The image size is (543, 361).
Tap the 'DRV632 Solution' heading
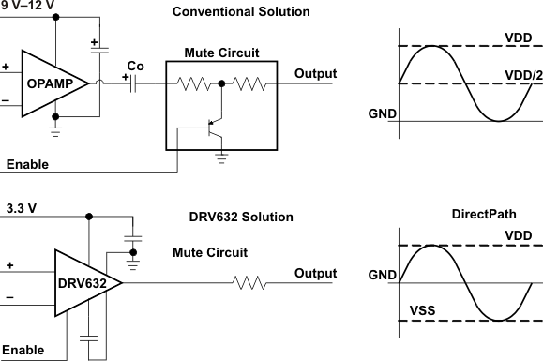tap(240, 217)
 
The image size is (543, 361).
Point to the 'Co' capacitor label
tap(134, 67)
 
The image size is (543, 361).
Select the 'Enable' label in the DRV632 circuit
tap(22, 350)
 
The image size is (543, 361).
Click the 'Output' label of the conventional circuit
tap(315, 73)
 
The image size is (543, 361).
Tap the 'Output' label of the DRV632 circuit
tap(315, 273)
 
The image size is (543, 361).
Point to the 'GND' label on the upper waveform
tap(382, 114)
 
